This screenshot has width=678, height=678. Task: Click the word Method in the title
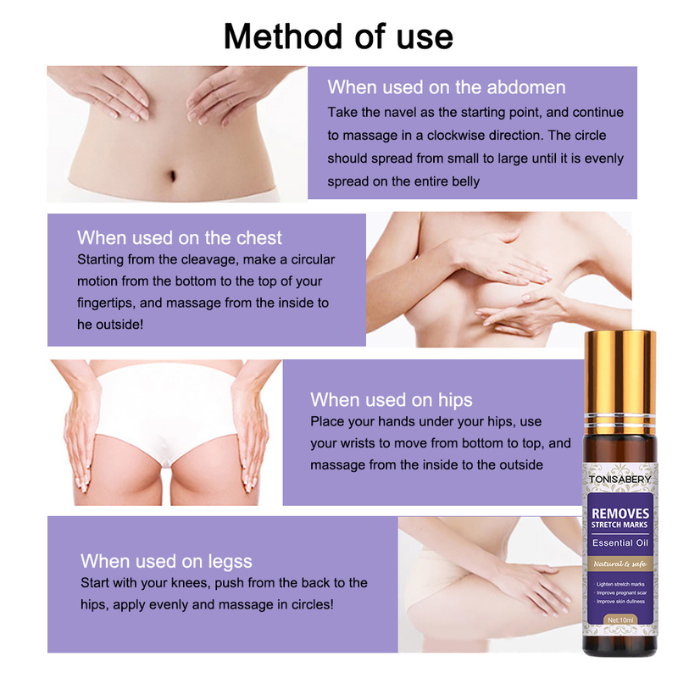(285, 36)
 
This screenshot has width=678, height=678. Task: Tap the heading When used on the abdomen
(447, 87)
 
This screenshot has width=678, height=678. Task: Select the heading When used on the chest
(180, 238)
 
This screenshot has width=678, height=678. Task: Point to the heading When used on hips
(392, 400)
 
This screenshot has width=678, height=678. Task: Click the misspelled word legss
(230, 562)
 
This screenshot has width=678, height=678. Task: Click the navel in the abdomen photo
(172, 175)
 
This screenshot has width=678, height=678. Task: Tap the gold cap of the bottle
(620, 381)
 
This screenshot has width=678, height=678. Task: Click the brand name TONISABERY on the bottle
(620, 479)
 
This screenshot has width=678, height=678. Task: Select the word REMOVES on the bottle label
(620, 514)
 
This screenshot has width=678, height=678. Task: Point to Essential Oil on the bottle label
(620, 542)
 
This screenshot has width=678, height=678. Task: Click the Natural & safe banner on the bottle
(620, 564)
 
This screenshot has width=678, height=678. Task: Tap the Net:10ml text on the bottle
(620, 620)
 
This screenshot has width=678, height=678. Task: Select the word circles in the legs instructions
(311, 604)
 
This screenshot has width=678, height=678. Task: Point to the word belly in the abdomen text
(465, 181)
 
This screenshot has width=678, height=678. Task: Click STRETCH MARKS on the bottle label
(620, 525)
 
